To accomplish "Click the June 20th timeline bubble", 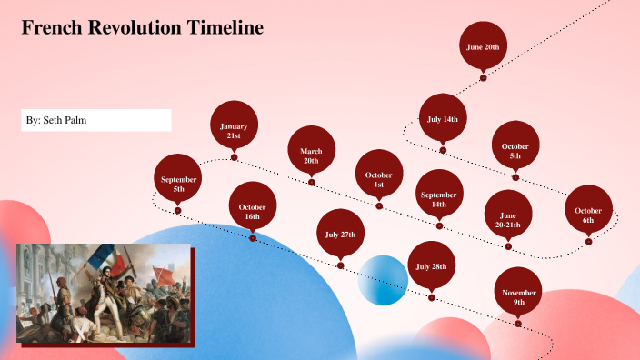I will [483, 46].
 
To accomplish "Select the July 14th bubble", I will [443, 119].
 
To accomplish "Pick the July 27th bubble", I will [341, 235].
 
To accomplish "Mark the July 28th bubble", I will [431, 267].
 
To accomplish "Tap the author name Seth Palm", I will [76, 120].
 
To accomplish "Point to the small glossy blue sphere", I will [383, 280].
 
